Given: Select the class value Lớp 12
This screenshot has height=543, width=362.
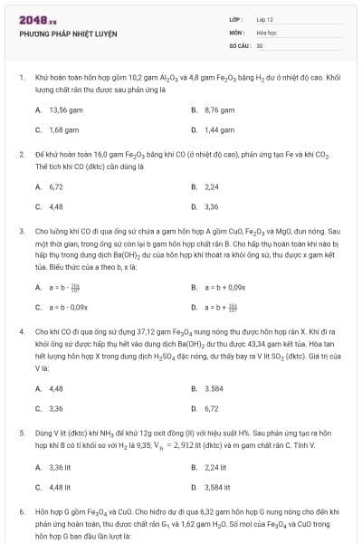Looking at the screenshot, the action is (265, 19).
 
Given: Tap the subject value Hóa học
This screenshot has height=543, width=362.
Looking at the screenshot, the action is (266, 32).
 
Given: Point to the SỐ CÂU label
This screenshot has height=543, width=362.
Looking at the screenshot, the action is (239, 44).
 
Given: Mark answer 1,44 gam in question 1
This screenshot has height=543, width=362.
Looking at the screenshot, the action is (219, 129).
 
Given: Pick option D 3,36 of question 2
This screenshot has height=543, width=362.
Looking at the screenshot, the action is (212, 206).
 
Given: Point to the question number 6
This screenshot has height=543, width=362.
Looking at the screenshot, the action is (21, 512).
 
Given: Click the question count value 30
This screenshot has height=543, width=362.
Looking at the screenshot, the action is (260, 44).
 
